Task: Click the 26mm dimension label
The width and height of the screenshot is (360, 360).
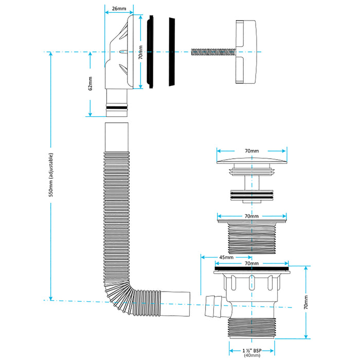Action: tap(118, 8)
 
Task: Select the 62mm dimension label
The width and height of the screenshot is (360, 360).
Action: tap(90, 83)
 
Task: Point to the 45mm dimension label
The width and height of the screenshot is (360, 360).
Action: tap(226, 257)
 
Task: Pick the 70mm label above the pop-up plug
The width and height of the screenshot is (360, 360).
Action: tap(251, 152)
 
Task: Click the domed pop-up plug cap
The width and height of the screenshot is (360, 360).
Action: tap(251, 160)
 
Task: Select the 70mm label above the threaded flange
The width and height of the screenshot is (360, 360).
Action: tap(251, 217)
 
